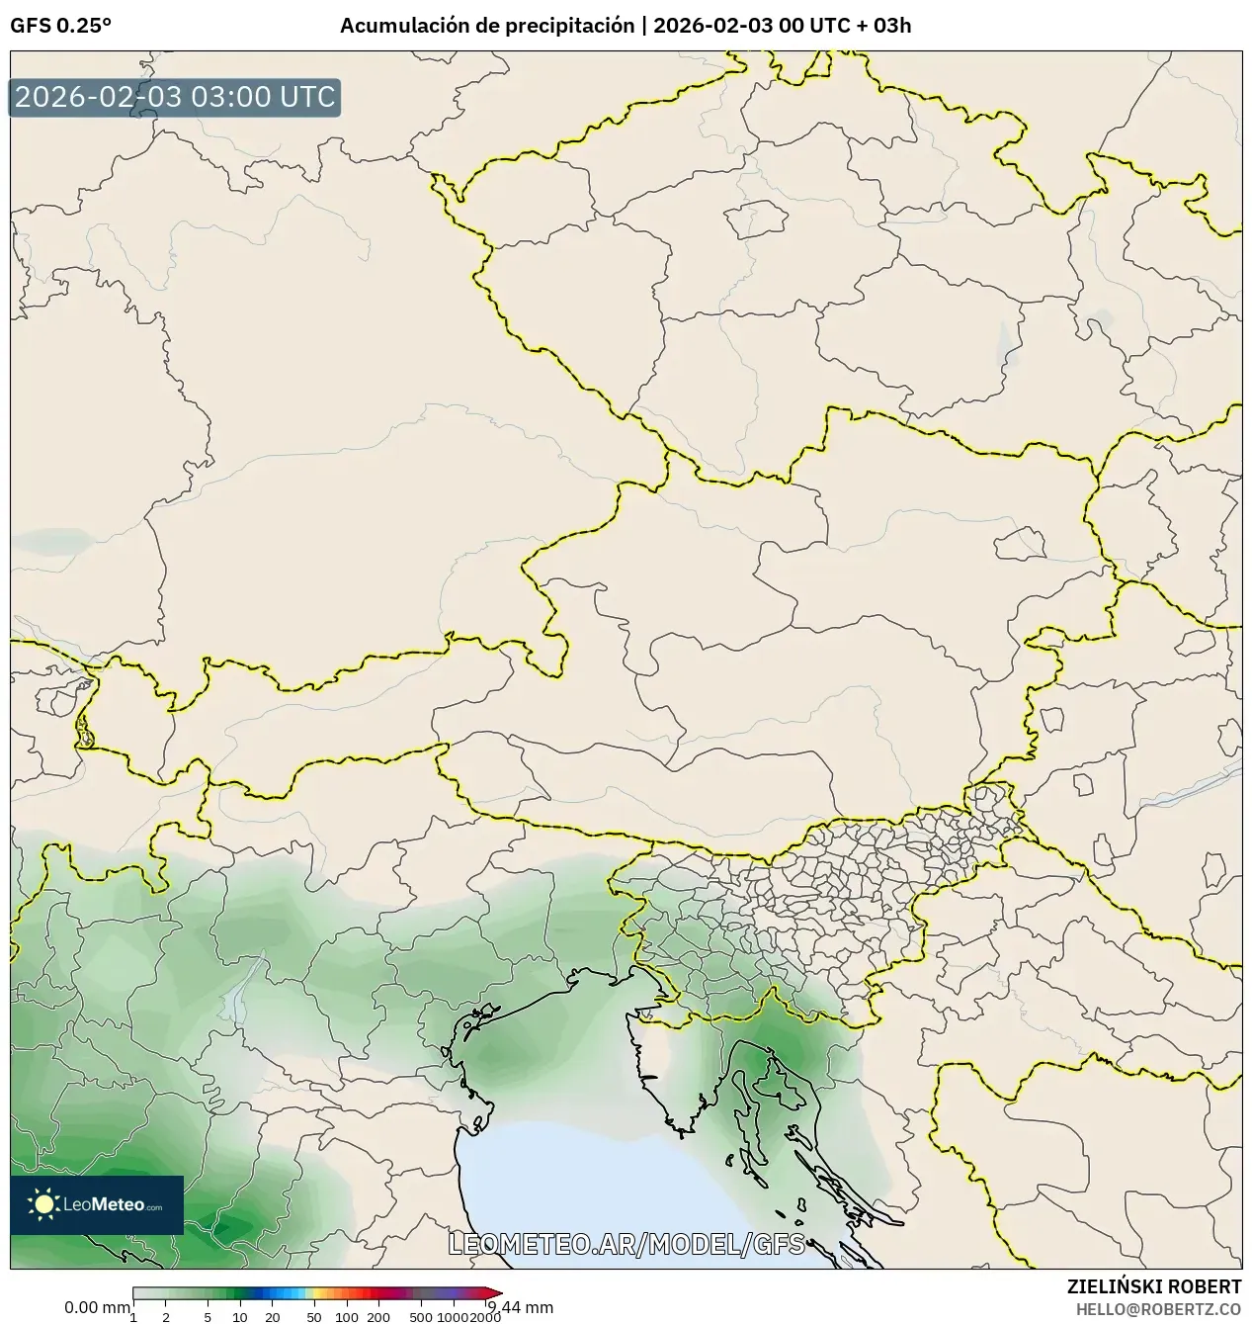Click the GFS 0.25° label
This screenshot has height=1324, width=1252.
coord(60,27)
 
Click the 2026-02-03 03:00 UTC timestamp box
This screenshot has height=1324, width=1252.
coord(175,98)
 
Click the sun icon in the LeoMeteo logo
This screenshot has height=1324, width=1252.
coord(43,1204)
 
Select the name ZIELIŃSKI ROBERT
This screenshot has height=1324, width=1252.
coord(1153,1286)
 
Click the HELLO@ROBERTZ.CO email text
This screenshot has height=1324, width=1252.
coord(1158,1308)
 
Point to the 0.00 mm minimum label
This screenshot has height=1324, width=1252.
coord(97,1307)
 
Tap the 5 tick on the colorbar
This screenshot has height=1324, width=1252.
coord(208,1316)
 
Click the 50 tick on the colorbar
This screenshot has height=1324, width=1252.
coord(314,1316)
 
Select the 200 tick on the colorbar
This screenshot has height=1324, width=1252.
coord(378,1316)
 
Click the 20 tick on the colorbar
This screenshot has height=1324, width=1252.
coord(273,1316)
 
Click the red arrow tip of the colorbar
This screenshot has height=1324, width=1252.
coord(495,1293)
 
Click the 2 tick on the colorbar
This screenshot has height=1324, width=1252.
coord(165,1316)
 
